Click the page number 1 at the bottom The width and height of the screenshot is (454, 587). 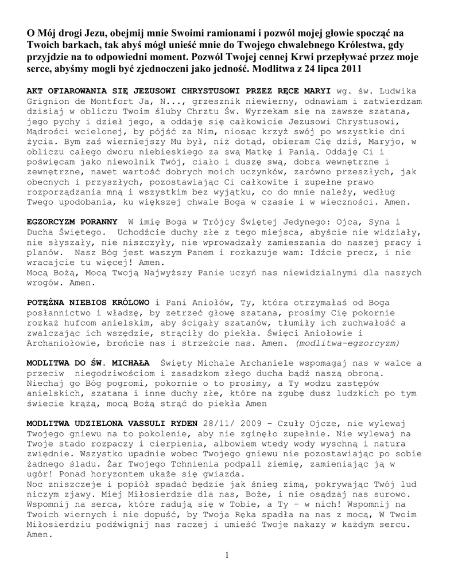pos(227,554)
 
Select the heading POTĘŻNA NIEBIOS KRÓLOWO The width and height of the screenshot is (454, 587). pos(88,302)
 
